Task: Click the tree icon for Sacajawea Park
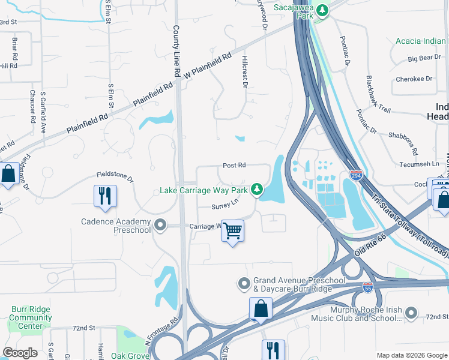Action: pos(323,10)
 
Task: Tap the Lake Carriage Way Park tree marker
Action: pos(257,190)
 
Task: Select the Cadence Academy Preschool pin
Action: pos(160,226)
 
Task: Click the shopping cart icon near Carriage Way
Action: pos(232,230)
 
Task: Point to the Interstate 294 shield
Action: pos(355,175)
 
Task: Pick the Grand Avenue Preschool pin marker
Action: pos(244,283)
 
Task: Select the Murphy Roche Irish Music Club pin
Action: pos(411,312)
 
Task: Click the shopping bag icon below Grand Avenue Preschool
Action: pos(261,309)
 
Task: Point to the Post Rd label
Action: pos(234,165)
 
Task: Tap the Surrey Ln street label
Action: pos(225,206)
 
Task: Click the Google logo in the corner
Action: pos(21,353)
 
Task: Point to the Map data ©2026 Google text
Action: pos(411,355)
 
